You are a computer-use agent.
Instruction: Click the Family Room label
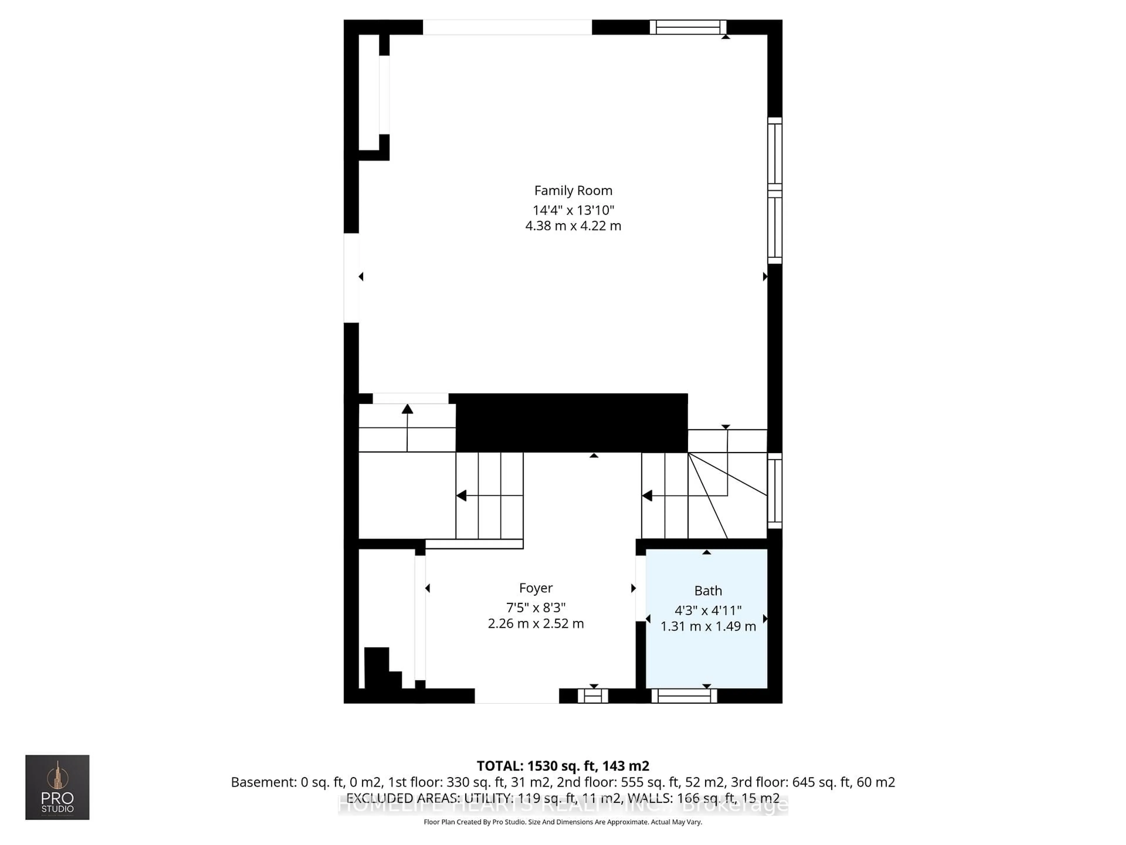573,190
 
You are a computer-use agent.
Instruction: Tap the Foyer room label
535,588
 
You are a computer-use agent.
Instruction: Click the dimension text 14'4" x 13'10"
573,210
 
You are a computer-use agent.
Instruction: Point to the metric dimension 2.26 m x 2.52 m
535,623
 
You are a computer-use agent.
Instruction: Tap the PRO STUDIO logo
57,787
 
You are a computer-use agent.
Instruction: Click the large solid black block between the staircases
571,423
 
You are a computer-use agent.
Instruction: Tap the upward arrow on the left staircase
407,409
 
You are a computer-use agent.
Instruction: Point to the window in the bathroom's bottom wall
684,696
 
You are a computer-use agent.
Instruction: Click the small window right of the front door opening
593,696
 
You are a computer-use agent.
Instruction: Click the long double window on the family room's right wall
774,190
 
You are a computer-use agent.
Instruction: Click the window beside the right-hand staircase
774,491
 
